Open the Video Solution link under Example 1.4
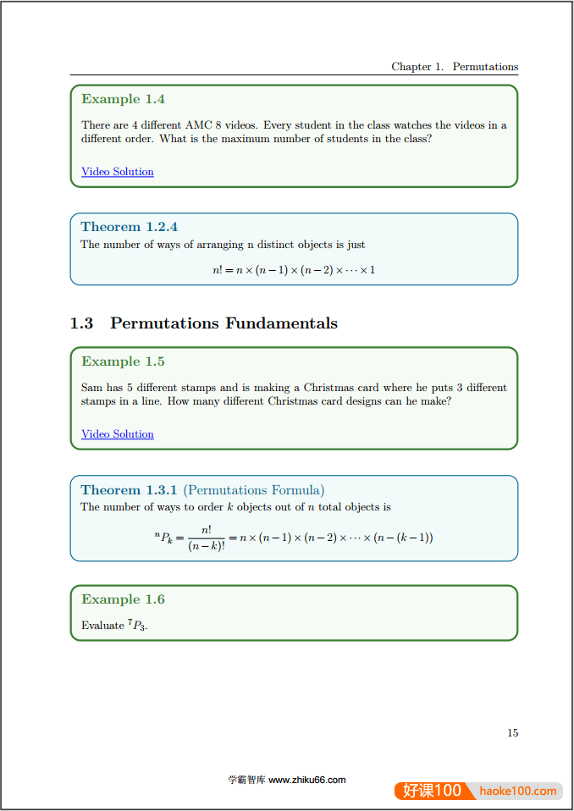(118, 172)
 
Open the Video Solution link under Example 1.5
(118, 434)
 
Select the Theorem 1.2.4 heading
(129, 227)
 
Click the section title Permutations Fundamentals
(224, 323)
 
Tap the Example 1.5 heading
(123, 361)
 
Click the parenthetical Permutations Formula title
(254, 490)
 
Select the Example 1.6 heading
(123, 599)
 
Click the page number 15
(513, 733)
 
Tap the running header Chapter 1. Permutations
(455, 67)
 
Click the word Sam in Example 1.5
(91, 388)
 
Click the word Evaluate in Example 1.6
(102, 626)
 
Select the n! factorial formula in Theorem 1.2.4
(293, 270)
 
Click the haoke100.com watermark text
(517, 792)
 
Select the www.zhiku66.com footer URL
(306, 781)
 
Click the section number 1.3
(81, 323)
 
